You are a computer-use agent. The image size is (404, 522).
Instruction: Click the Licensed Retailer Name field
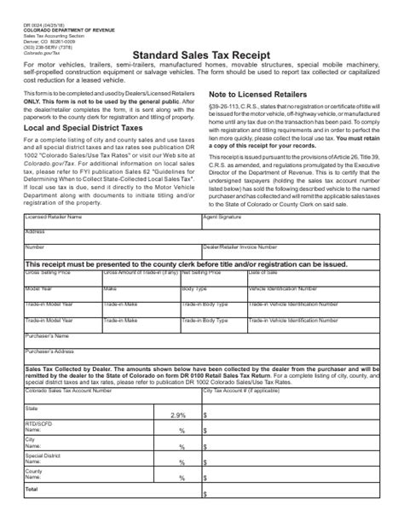pos(111,221)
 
